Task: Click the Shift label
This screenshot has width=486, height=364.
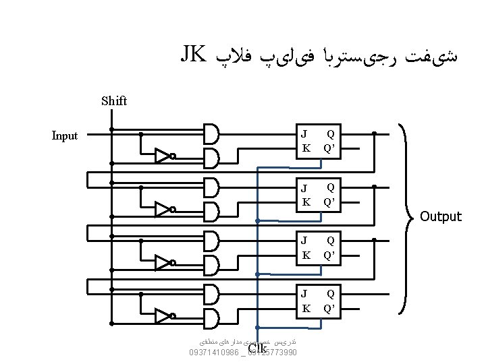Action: point(113,101)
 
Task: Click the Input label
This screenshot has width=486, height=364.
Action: point(65,135)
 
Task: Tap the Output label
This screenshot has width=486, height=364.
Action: point(440,216)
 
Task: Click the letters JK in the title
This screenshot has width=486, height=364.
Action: point(192,54)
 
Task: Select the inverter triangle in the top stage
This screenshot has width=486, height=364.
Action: point(163,156)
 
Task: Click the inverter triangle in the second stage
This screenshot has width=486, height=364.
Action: point(163,209)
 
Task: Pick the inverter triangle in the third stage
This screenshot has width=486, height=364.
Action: point(163,262)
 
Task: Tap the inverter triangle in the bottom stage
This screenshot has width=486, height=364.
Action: point(163,315)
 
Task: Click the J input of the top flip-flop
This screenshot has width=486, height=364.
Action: point(304,134)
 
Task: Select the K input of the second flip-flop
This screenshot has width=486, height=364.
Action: point(305,202)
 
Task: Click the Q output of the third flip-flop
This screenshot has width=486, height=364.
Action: point(331,241)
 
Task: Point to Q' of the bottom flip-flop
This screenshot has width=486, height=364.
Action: point(331,308)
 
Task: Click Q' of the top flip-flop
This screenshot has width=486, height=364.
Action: point(331,148)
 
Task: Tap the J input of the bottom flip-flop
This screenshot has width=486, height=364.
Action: point(304,294)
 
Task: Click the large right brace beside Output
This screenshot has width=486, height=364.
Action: point(408,216)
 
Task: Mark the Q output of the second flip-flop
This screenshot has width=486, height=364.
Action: point(331,187)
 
